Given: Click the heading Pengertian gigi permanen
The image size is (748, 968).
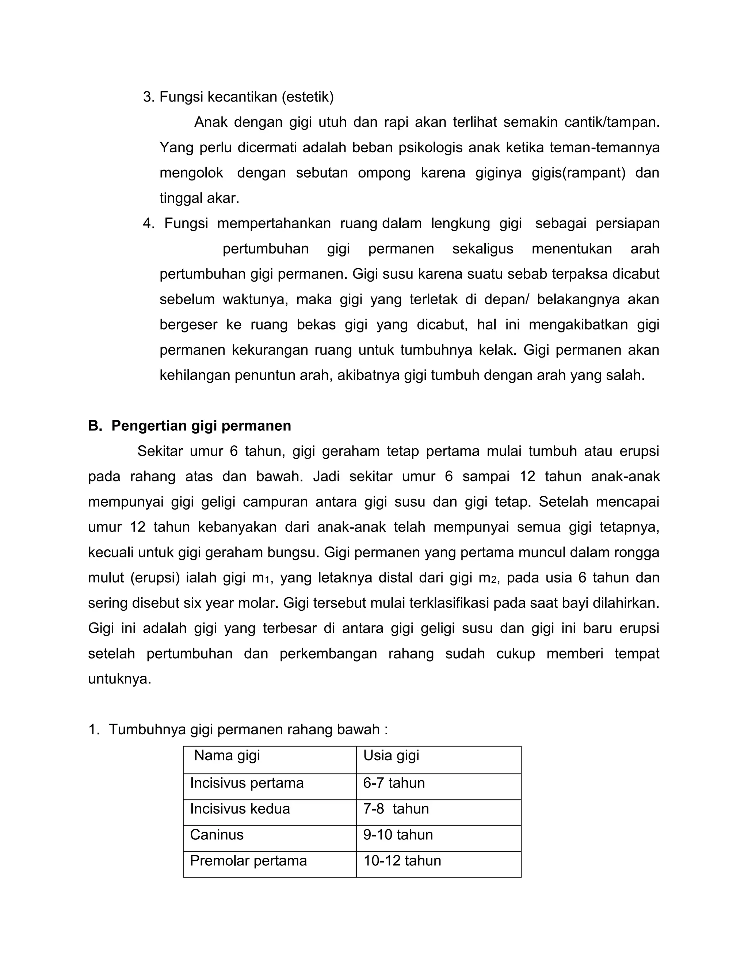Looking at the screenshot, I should [x=201, y=426].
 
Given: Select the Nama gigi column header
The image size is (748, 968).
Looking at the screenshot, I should [x=227, y=755].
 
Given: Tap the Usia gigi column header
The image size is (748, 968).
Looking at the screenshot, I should [x=391, y=755].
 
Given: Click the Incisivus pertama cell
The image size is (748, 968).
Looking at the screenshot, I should [x=247, y=783].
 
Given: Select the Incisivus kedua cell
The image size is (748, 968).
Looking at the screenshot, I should [x=240, y=809].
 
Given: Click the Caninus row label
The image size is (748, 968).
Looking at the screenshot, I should [x=217, y=835].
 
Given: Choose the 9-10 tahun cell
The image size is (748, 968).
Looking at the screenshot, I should [x=397, y=835].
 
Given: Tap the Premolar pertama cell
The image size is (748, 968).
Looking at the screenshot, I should [x=248, y=861].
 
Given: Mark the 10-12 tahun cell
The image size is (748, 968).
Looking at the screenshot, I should [x=402, y=861].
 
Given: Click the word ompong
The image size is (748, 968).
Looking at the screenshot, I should [x=384, y=172].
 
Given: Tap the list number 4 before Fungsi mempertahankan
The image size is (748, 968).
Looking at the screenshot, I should [x=148, y=224].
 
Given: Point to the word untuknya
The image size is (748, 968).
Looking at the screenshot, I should [x=120, y=679].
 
